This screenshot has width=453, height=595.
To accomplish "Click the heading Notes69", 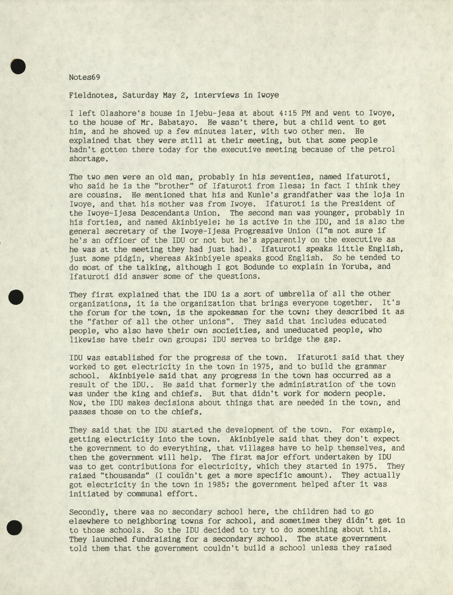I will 84,77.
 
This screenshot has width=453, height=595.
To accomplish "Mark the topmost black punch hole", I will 18,66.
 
